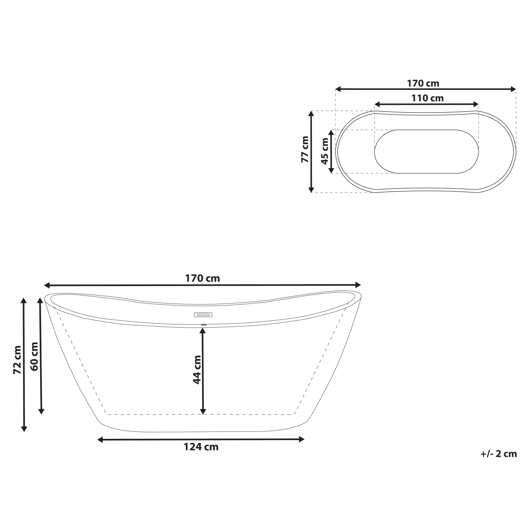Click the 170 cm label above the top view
point(423,83)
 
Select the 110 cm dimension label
point(427,98)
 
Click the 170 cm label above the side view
point(202,278)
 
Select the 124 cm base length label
point(201,447)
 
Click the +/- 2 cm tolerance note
point(499,453)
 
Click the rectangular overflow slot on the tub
point(203,314)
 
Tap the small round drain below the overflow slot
point(203,325)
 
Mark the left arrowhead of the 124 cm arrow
point(100,440)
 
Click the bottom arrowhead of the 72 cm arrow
point(24,429)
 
